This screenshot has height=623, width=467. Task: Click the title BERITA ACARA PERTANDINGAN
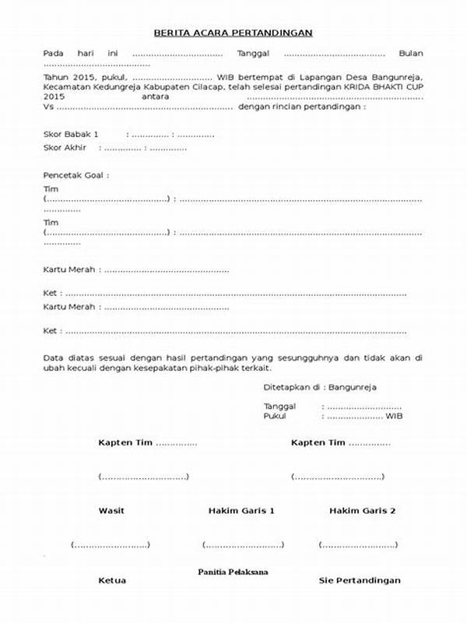[233, 33]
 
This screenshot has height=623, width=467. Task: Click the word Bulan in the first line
[410, 53]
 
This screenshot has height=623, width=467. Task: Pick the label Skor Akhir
[65, 147]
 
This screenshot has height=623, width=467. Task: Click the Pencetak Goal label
[75, 175]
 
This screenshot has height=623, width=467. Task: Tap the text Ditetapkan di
[293, 386]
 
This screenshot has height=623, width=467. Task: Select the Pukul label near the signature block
[275, 416]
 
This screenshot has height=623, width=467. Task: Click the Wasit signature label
[111, 511]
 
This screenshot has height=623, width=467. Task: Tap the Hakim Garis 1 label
[241, 511]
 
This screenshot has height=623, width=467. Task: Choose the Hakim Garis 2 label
[362, 511]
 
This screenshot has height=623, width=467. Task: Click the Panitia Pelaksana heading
[233, 572]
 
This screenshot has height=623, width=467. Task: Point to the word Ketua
[112, 581]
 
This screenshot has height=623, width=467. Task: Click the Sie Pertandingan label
[360, 581]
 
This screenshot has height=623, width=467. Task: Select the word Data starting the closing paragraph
[54, 357]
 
